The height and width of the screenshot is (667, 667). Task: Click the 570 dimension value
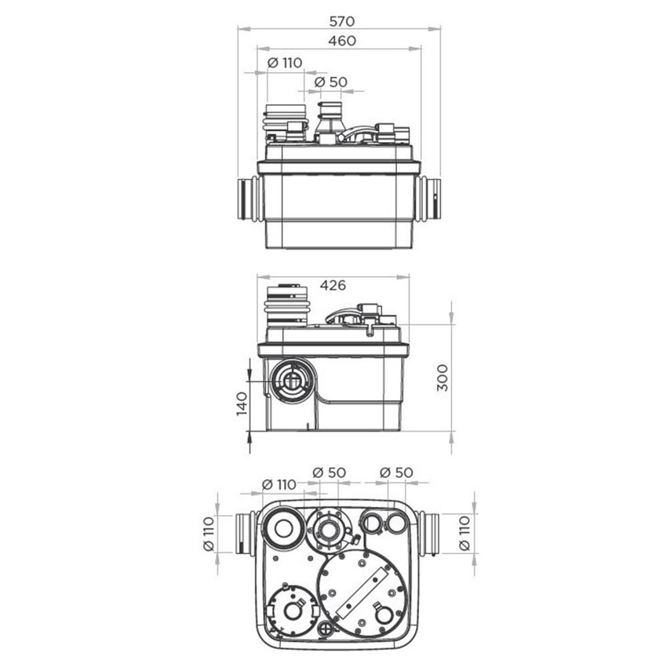point(341,21)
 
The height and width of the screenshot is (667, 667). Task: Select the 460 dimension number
point(342,41)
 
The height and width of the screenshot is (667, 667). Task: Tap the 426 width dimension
point(333,285)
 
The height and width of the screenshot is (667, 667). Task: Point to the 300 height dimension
point(443,377)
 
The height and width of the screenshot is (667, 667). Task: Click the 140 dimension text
point(242,403)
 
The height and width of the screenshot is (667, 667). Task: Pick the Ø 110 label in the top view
point(285,63)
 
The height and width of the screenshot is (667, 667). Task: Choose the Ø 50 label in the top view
point(330,82)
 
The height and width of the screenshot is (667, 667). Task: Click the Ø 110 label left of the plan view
point(209,534)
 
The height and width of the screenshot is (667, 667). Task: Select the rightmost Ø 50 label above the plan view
point(396,472)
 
